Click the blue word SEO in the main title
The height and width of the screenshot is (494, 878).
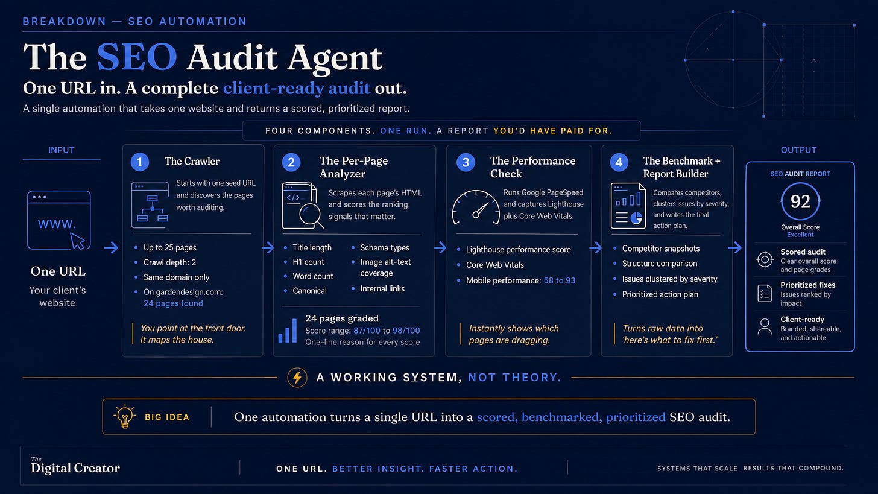137,57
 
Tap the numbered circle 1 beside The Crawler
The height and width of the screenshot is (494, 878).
139,162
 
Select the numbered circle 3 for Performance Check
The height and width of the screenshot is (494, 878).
466,162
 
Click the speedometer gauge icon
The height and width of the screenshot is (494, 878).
476,207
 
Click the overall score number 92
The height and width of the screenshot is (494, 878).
800,201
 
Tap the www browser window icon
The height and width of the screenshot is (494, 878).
59,220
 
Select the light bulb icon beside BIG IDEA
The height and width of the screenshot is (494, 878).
125,416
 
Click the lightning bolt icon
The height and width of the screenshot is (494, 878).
297,377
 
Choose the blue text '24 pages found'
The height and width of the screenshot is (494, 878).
173,303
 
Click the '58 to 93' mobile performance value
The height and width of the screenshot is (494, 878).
560,280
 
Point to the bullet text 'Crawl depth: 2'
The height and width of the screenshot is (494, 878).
169,262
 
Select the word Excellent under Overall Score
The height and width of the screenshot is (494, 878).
800,235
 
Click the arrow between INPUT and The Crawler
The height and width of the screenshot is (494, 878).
112,247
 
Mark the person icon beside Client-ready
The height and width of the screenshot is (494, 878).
765,326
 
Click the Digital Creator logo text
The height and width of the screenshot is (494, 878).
75,466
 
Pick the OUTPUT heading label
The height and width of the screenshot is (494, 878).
798,150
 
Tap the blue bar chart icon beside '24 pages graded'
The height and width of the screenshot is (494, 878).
288,331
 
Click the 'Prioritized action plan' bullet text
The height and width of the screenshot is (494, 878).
660,294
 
